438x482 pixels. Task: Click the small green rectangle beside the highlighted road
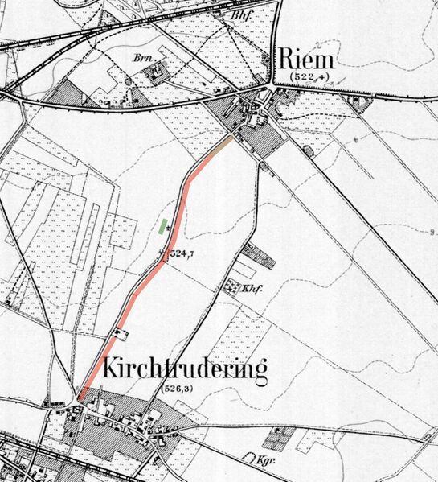click(165, 226)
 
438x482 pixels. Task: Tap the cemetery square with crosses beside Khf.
click(232, 286)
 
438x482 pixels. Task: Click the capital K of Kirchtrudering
click(113, 370)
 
